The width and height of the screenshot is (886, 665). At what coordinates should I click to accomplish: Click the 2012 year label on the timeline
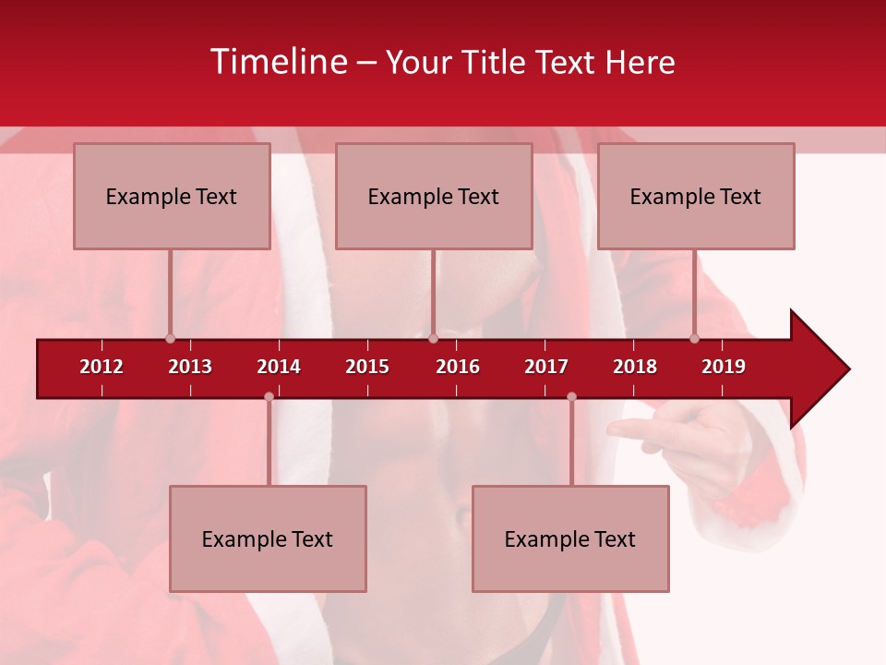click(102, 367)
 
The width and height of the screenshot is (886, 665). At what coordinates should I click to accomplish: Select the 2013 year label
click(190, 367)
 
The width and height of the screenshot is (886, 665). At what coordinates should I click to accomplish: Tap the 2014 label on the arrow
click(279, 367)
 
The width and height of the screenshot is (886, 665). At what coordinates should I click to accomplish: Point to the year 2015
click(367, 367)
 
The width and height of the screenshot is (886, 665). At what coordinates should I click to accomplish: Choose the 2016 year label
click(458, 367)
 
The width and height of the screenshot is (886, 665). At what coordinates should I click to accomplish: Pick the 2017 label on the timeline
click(546, 367)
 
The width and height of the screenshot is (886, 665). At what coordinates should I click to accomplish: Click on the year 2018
click(635, 367)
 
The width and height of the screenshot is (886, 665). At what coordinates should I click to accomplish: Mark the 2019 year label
click(724, 367)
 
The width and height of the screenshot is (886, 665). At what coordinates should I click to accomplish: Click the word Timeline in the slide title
click(278, 62)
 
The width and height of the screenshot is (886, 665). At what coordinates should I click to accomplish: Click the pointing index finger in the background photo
click(637, 429)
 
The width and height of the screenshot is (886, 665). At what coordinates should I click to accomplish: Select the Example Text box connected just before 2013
click(172, 196)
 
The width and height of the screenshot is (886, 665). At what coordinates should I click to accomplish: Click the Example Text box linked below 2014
click(268, 538)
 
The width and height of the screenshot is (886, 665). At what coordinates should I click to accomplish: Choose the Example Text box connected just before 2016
click(434, 196)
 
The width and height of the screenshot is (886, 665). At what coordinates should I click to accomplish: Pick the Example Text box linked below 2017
click(570, 538)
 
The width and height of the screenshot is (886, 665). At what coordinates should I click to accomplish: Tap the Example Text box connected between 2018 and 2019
click(696, 196)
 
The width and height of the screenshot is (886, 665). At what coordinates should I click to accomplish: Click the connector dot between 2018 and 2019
click(695, 338)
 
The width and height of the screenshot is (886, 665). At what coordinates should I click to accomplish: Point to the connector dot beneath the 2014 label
click(269, 397)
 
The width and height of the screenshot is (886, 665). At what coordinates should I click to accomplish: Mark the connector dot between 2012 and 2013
click(170, 338)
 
